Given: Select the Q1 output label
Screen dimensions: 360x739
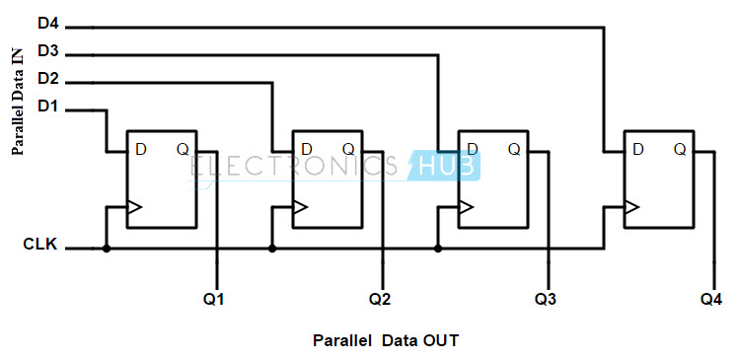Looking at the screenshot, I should pyautogui.click(x=213, y=297).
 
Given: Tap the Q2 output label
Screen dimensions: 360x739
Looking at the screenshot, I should pyautogui.click(x=381, y=297).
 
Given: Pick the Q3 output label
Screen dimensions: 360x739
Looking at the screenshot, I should pyautogui.click(x=546, y=297).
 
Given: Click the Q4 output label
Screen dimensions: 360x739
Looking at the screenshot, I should pyautogui.click(x=711, y=297).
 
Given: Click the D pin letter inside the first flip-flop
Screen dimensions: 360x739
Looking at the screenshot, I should pyautogui.click(x=141, y=149).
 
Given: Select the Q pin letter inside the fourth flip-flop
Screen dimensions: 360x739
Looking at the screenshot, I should pyautogui.click(x=680, y=149).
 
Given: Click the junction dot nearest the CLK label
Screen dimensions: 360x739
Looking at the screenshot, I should pyautogui.click(x=107, y=249).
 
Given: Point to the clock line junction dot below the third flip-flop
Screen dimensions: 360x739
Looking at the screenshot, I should pyautogui.click(x=436, y=249).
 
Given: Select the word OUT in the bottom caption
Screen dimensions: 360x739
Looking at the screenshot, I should pyautogui.click(x=440, y=341).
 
